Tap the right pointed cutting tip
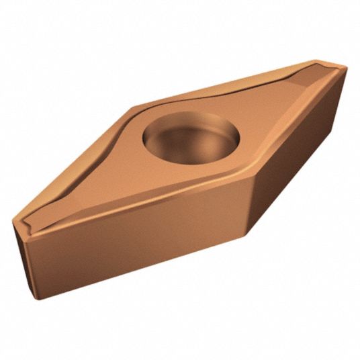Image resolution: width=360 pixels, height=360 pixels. coord(344,65)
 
